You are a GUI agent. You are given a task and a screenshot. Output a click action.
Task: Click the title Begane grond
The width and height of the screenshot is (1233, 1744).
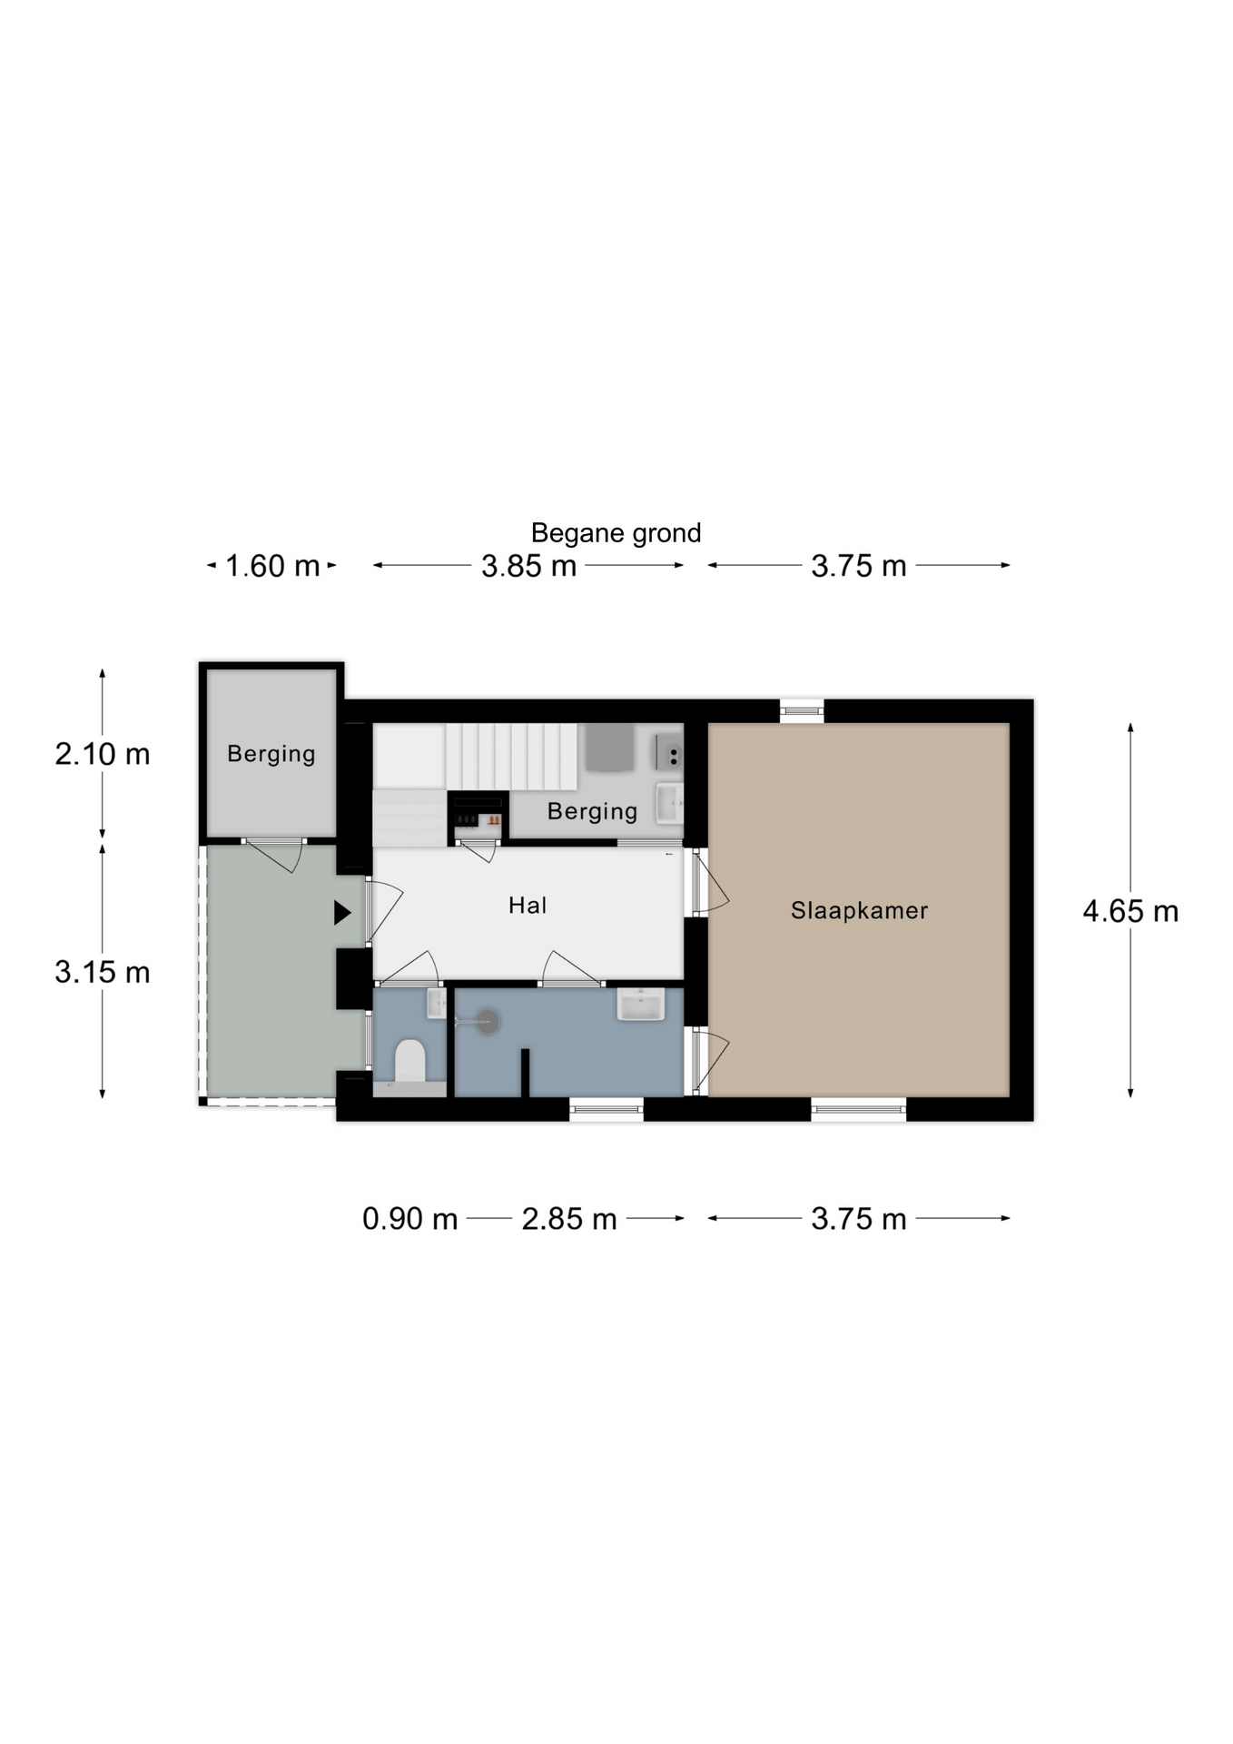(616, 533)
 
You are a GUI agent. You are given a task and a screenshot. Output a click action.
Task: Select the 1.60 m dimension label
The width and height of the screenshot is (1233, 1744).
(272, 566)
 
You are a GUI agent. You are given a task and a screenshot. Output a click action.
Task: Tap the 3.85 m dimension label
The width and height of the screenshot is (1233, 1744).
(528, 566)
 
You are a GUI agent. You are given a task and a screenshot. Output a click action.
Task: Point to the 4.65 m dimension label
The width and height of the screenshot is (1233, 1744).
(1130, 911)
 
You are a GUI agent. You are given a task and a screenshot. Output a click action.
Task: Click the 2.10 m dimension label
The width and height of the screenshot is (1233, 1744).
(103, 754)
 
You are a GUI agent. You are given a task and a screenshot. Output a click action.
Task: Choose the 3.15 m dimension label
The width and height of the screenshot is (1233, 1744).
(103, 972)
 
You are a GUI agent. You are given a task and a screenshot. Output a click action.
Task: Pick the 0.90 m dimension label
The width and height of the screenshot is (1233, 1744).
(410, 1219)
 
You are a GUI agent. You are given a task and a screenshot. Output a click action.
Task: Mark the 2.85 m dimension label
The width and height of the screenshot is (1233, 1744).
(569, 1219)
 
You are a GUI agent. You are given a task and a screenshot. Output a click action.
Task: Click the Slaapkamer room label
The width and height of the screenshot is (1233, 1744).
(859, 910)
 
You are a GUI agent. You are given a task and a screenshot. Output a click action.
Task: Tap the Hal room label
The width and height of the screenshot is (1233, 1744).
(528, 905)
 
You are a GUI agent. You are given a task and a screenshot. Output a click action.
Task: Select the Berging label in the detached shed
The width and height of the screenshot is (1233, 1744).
(271, 754)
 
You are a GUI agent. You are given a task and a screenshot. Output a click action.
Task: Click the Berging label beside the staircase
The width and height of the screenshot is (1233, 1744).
(592, 811)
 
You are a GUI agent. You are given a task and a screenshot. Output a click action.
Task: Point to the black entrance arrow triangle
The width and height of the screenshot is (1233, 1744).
(341, 912)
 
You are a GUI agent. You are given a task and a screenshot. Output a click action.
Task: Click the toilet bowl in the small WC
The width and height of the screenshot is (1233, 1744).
(410, 1061)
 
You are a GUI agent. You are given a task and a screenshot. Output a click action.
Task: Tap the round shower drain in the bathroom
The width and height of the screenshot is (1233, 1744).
(488, 1021)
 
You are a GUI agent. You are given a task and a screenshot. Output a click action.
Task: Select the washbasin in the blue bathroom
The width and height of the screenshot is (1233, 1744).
(641, 1004)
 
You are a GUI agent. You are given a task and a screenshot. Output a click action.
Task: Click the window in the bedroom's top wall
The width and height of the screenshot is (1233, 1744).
(802, 710)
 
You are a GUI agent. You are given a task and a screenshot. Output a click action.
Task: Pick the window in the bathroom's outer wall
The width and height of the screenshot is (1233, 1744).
(607, 1108)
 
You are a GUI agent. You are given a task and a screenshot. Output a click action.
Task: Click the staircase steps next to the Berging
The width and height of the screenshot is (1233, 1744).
(511, 757)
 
